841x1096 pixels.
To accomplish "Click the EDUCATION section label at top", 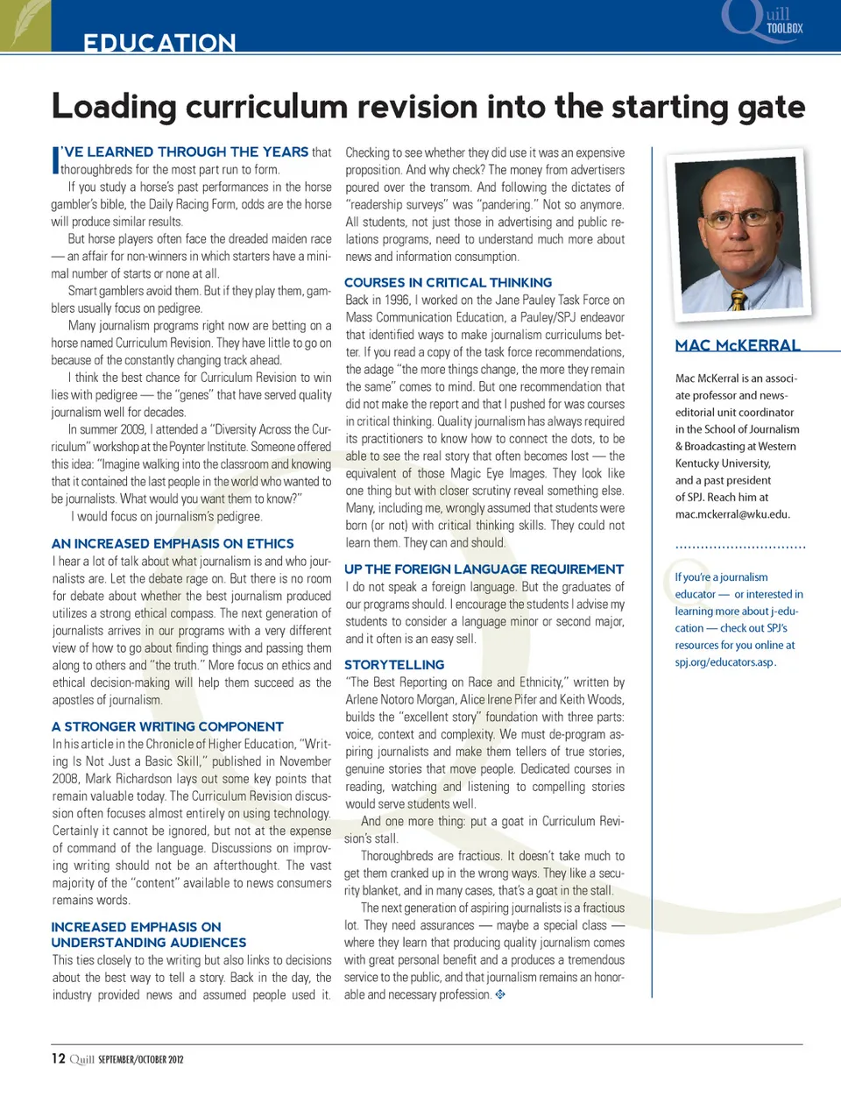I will point(159,43).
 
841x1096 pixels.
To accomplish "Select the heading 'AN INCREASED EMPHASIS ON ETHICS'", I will point(173,544).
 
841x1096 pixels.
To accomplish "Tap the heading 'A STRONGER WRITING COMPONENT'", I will point(167,727).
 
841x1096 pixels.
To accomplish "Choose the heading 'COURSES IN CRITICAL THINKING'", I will point(448,283).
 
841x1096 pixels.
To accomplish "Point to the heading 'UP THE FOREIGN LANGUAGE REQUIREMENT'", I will point(484,569).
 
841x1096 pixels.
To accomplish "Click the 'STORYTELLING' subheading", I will point(394,665).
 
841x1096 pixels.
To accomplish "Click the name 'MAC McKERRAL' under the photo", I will point(738,346).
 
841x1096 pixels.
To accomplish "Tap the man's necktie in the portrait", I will point(739,300).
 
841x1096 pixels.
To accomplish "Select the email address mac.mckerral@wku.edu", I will point(732,515).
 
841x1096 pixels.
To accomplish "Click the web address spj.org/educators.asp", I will point(724,662).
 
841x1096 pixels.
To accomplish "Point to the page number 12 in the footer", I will point(58,1058).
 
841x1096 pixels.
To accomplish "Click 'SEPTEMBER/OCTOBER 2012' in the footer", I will point(141,1059).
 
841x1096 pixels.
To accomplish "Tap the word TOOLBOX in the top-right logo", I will point(785,29).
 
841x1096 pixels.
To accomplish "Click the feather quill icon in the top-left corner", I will point(25,24).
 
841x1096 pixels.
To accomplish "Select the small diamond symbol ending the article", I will point(500,994).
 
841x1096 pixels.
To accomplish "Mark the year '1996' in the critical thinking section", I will point(398,301).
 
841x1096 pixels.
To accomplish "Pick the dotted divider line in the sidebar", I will point(740,548).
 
